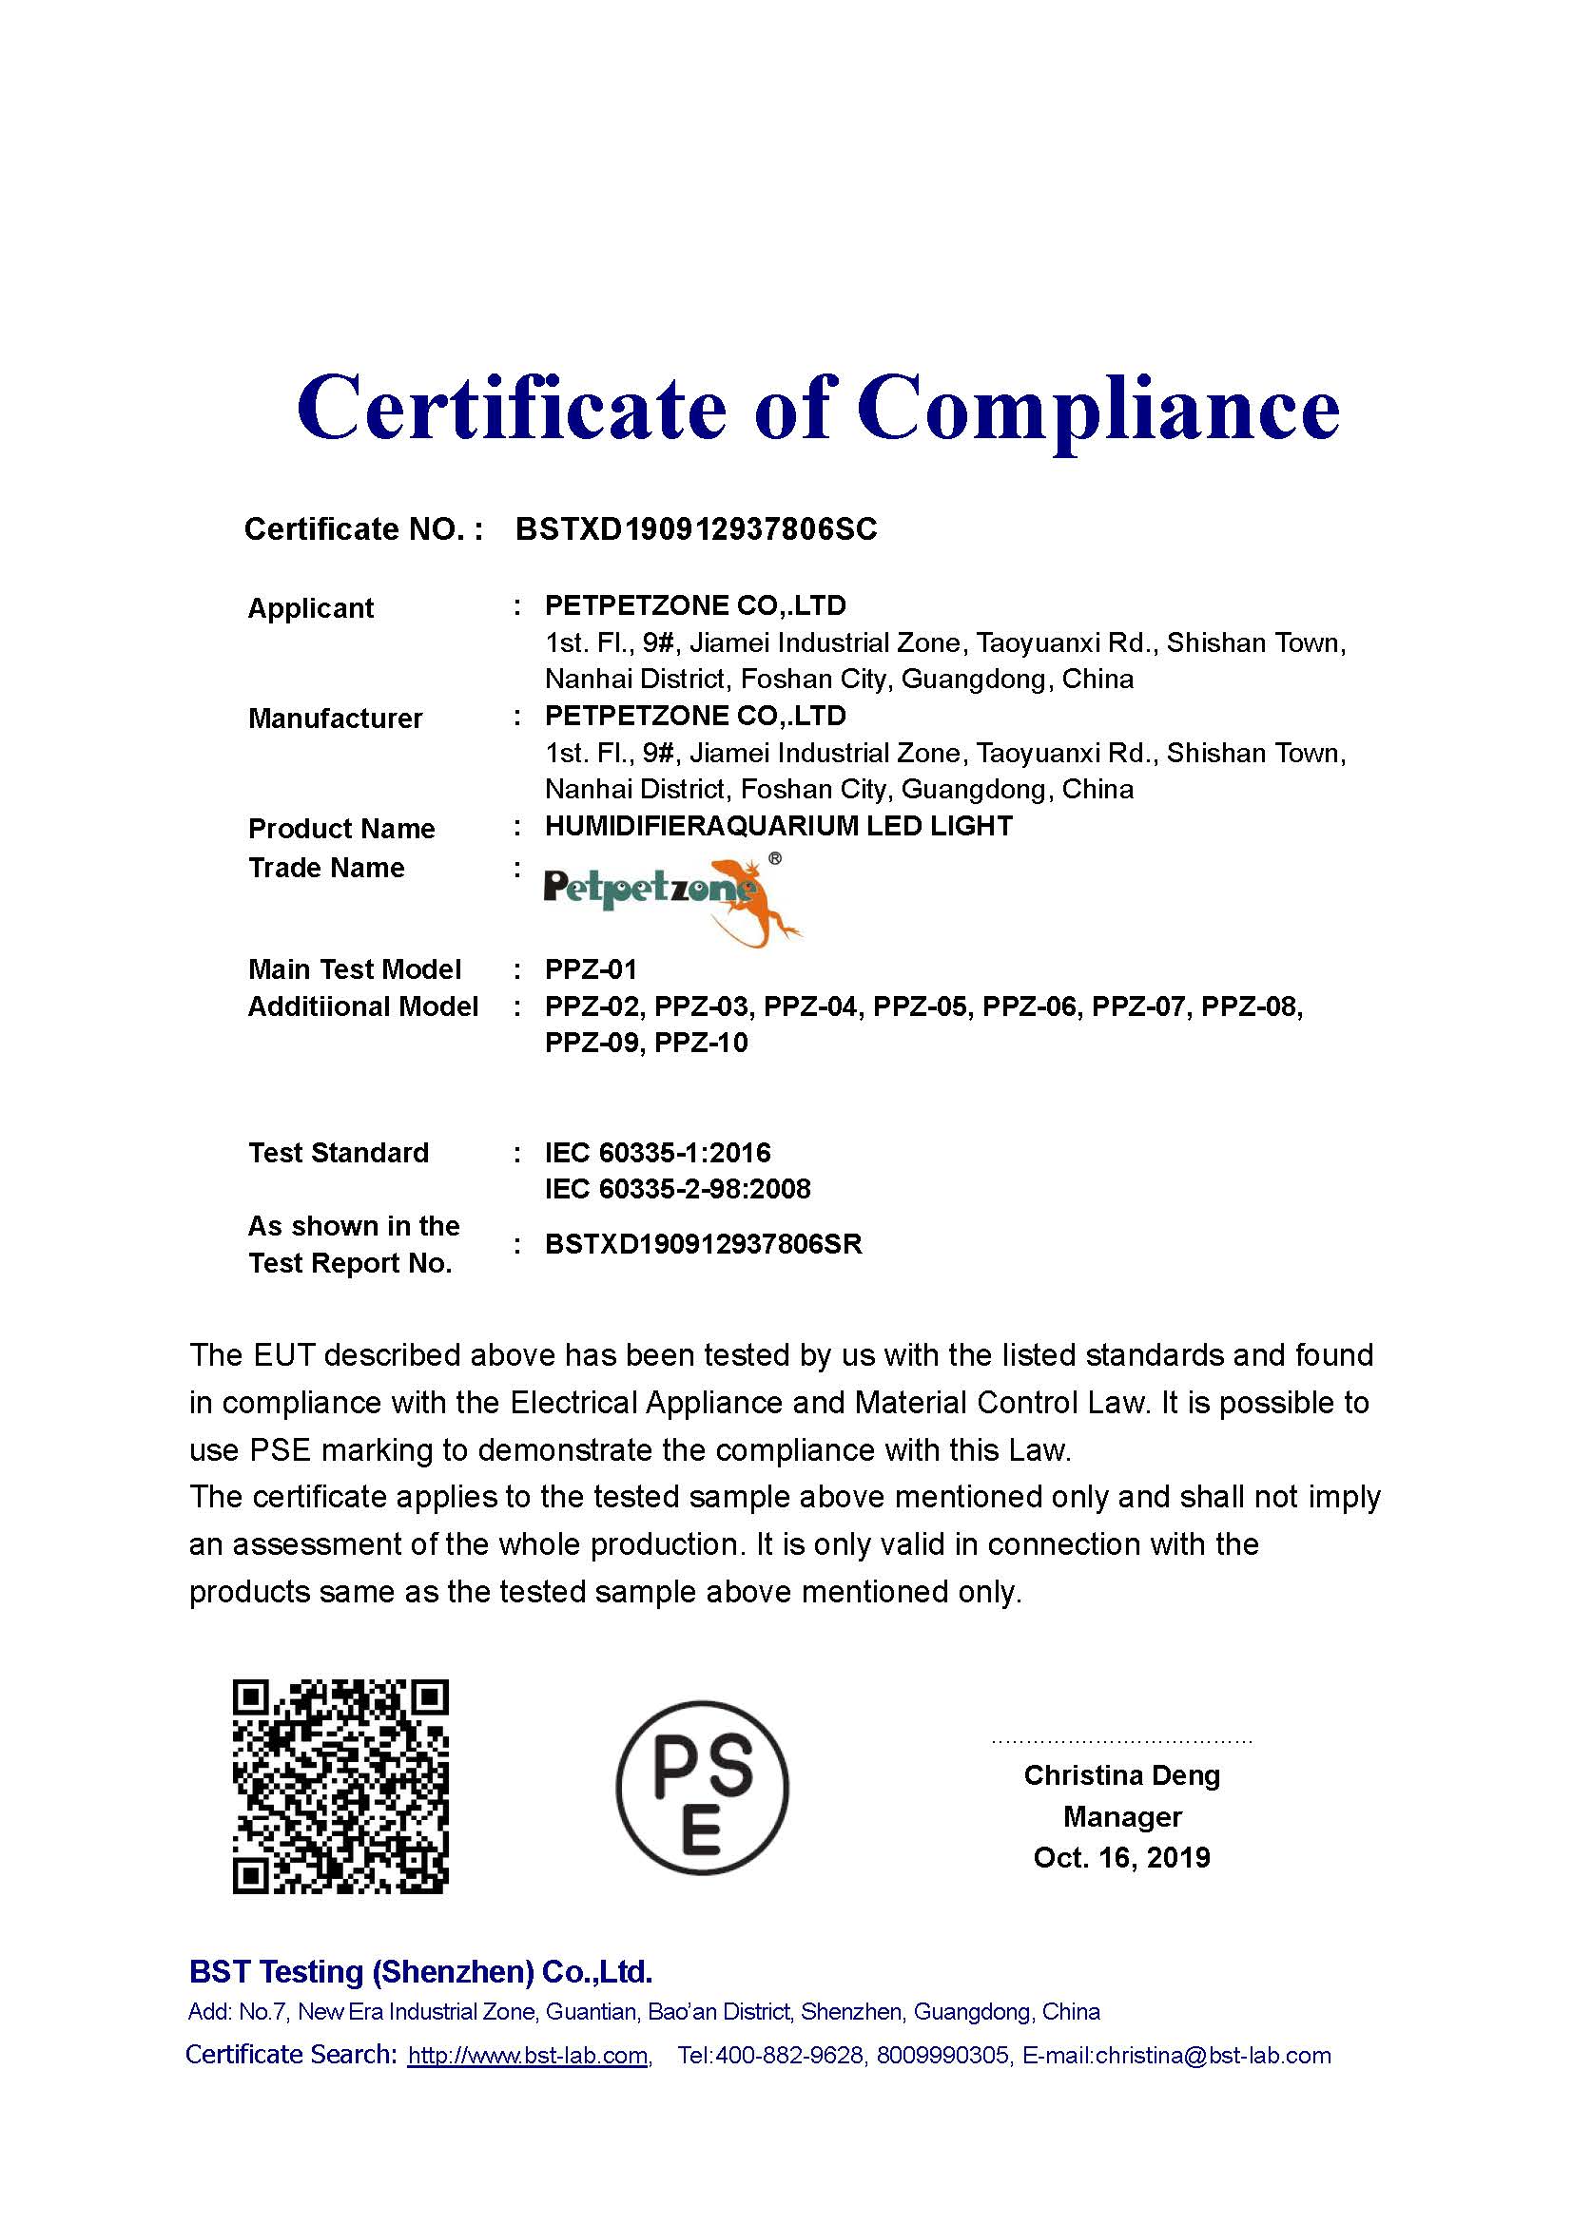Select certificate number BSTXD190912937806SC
click(695, 528)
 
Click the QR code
click(340, 1787)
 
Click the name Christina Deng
click(1121, 1774)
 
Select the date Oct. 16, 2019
click(1121, 1857)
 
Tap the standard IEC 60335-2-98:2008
click(677, 1188)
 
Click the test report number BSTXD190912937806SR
click(703, 1244)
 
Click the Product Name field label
click(341, 829)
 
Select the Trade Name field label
click(325, 868)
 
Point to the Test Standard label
click(338, 1152)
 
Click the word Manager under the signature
click(1121, 1816)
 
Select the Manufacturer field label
click(335, 719)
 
